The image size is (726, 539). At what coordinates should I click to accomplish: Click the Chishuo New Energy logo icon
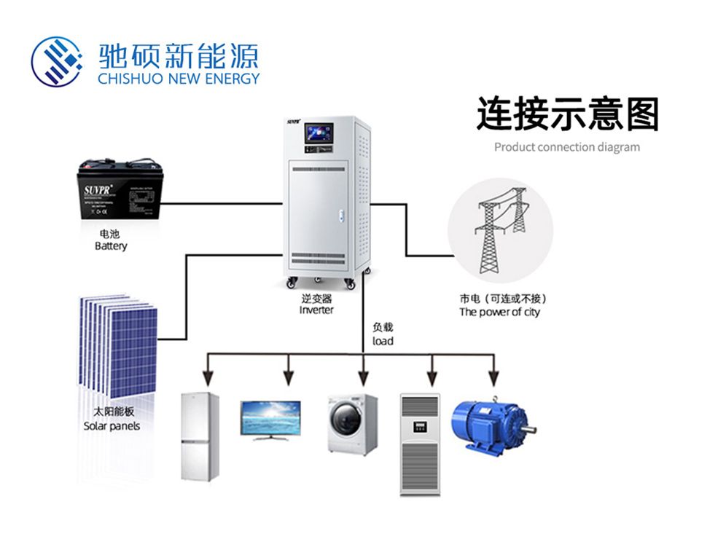point(57,60)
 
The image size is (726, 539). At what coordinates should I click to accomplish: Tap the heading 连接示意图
point(567,114)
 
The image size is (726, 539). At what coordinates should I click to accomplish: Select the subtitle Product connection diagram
point(567,147)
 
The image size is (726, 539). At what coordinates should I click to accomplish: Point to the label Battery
point(111,246)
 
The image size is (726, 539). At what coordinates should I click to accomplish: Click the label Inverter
point(316,310)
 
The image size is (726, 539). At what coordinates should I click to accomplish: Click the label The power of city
point(500,312)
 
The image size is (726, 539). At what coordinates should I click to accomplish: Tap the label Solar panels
point(112,426)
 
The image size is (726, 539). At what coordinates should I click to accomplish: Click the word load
point(383,341)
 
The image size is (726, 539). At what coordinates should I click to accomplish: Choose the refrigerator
point(200,436)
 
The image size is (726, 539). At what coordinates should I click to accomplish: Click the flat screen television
point(270,420)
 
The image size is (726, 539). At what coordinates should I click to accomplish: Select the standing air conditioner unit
point(420,444)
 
